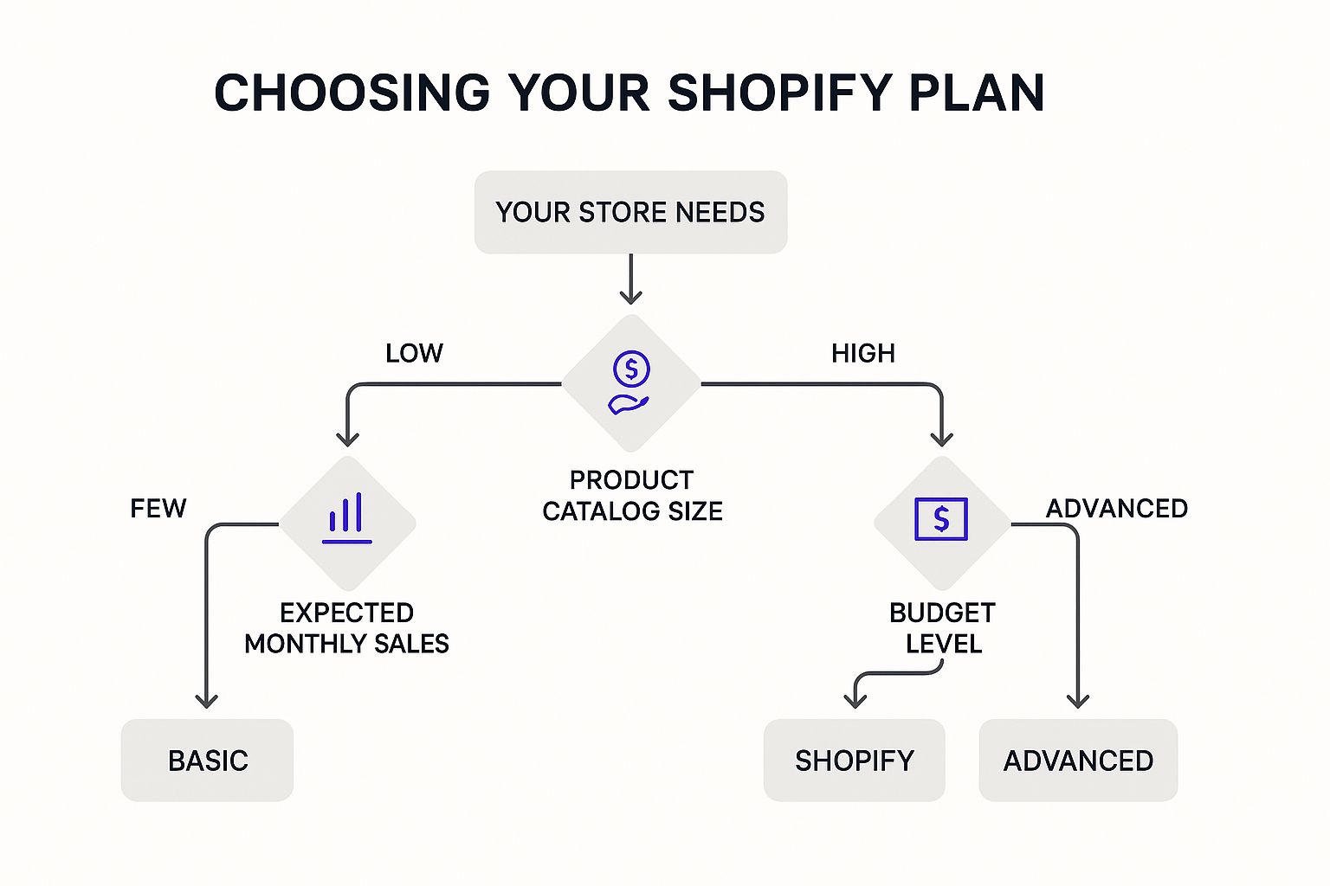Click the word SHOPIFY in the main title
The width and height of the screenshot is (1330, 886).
click(x=779, y=93)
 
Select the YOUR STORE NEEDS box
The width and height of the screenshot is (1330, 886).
click(x=630, y=212)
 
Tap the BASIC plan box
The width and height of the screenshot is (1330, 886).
click(x=208, y=761)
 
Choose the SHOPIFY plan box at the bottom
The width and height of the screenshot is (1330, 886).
click(x=854, y=761)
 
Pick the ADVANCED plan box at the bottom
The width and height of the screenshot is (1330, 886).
click(x=1078, y=761)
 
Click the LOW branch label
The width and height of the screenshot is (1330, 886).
click(x=414, y=353)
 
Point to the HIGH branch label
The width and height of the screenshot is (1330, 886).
click(x=862, y=353)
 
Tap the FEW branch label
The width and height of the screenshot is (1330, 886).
click(x=158, y=508)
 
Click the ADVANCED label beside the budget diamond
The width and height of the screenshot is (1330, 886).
click(x=1117, y=508)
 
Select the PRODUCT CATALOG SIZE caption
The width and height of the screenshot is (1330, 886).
click(x=632, y=496)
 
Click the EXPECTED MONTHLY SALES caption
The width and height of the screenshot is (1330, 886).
click(x=346, y=628)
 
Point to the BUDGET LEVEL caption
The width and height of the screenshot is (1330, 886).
click(x=943, y=628)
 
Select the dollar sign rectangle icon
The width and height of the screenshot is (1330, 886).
click(x=941, y=519)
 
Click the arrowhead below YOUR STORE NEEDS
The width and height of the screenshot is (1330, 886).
click(x=631, y=295)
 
